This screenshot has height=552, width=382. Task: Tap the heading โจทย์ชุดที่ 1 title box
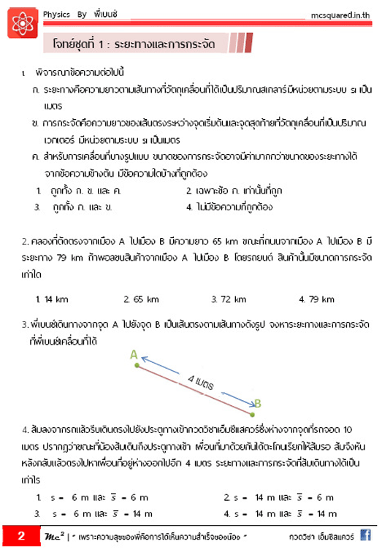point(140,42)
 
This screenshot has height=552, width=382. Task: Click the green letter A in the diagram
point(134,354)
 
